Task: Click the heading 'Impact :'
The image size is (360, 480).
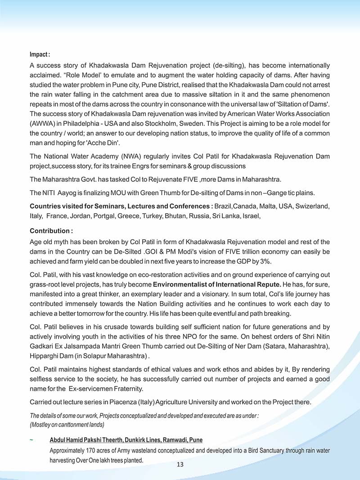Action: point(40,54)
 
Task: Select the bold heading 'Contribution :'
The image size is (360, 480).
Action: point(51,231)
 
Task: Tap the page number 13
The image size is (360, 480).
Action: point(180,465)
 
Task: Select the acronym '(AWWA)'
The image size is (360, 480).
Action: point(42,124)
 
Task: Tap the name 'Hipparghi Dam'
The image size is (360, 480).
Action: point(50,356)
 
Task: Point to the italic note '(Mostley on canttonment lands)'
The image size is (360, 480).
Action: point(67,424)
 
